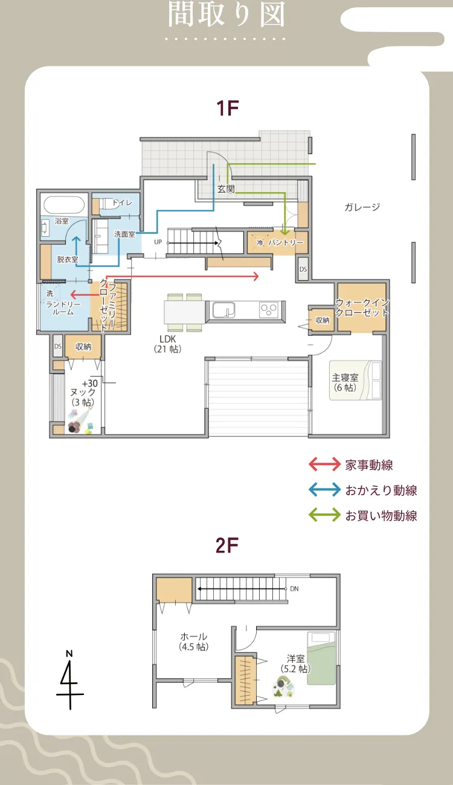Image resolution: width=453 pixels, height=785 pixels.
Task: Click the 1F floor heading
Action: click(228, 109)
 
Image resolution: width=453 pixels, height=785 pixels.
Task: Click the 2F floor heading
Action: click(227, 546)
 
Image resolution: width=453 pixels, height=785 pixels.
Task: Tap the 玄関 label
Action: click(225, 189)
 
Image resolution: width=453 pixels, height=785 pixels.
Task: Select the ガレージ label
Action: click(362, 207)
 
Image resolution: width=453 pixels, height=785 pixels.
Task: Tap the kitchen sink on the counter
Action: click(225, 310)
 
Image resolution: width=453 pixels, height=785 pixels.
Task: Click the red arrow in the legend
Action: click(324, 464)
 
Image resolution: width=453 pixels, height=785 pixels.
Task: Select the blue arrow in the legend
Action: click(324, 490)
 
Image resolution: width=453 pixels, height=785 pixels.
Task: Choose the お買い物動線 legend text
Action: click(381, 515)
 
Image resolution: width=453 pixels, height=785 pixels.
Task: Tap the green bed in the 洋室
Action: click(321, 658)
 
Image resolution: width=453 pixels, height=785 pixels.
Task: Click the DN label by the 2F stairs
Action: click(294, 588)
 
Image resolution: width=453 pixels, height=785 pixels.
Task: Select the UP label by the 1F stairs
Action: click(159, 242)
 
